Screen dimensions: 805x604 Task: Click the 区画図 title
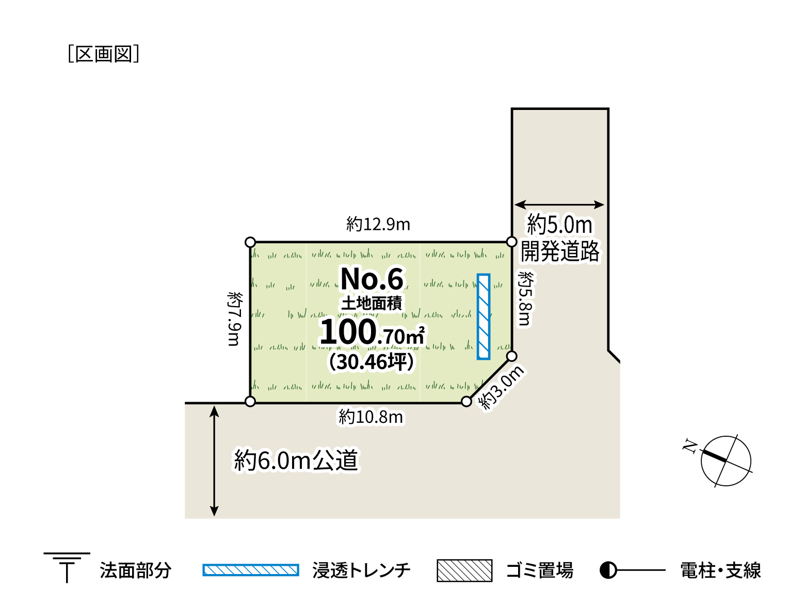click(x=103, y=54)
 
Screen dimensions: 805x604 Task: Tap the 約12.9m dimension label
click(x=378, y=224)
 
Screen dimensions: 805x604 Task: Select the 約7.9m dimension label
click(x=234, y=319)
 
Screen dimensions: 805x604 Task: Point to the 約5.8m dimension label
click(x=525, y=298)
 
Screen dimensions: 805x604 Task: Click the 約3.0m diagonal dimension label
click(x=502, y=388)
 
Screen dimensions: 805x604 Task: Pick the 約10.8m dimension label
click(x=371, y=417)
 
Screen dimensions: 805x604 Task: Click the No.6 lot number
click(x=372, y=279)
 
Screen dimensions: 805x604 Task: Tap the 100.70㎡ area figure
click(x=372, y=332)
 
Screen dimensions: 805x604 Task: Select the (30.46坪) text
click(x=371, y=361)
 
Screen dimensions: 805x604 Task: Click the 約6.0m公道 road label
click(x=296, y=460)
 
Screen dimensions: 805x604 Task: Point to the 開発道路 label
click(x=560, y=251)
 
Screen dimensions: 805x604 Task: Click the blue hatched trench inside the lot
click(x=484, y=316)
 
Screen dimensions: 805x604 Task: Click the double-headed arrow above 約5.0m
click(x=559, y=204)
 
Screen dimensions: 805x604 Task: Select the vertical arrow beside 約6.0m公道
click(x=214, y=460)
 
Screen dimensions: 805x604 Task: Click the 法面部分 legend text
click(x=135, y=570)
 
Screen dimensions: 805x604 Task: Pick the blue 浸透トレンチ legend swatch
click(x=251, y=570)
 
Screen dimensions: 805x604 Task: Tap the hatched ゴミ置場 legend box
click(x=464, y=570)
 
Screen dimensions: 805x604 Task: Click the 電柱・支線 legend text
click(x=721, y=570)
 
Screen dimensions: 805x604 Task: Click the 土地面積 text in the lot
click(x=372, y=303)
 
